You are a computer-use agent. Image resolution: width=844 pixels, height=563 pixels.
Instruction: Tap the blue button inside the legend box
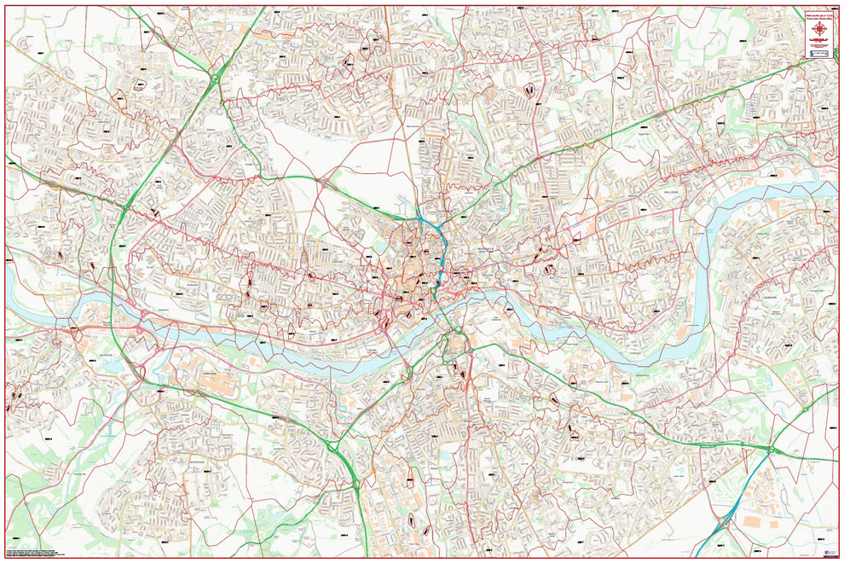point(821,53)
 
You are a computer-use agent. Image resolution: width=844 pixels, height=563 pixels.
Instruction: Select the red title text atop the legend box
point(821,16)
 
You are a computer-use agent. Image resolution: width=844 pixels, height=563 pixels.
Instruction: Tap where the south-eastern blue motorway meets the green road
point(769,450)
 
